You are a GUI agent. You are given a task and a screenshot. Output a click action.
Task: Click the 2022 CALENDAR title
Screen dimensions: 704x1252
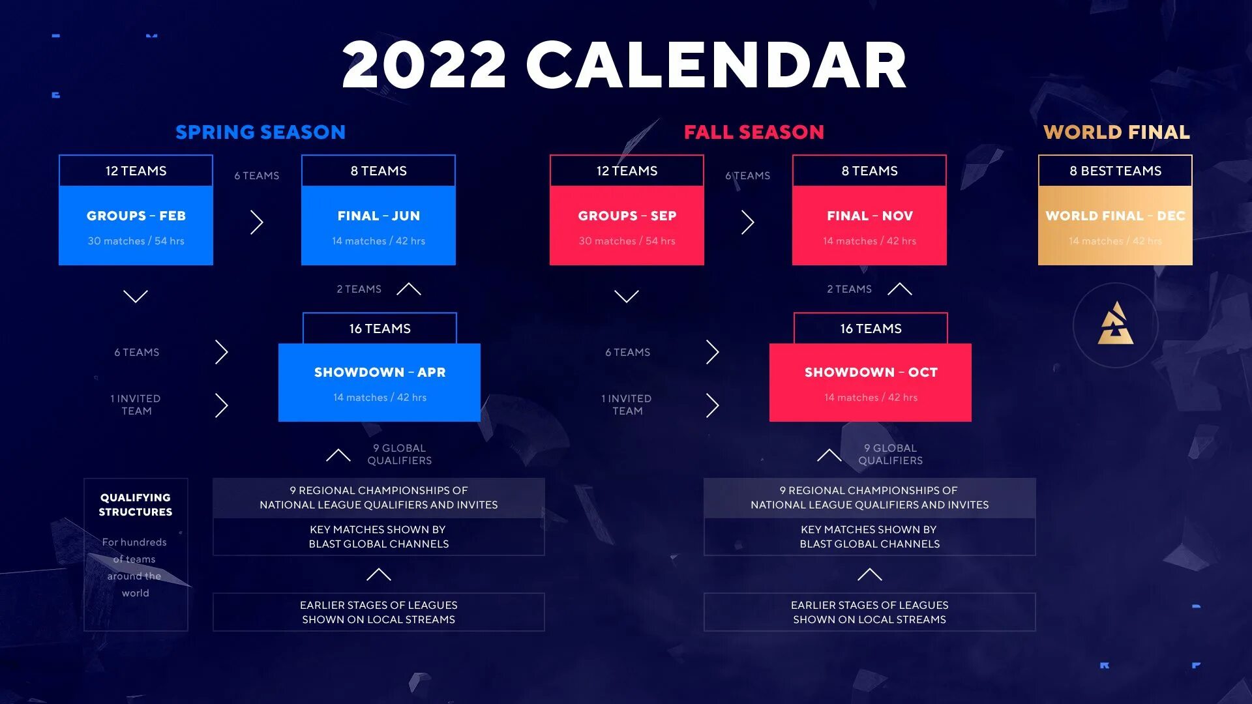(624, 65)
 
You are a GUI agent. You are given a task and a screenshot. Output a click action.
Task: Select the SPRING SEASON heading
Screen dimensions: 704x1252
(260, 132)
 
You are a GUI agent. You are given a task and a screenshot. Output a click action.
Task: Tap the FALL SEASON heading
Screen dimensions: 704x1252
(754, 132)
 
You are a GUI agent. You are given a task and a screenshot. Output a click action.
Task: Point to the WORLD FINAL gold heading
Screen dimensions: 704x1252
(1116, 132)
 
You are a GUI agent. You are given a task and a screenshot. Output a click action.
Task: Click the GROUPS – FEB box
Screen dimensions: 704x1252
(136, 225)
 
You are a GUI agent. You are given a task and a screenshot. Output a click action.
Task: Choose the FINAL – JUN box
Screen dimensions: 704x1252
(378, 225)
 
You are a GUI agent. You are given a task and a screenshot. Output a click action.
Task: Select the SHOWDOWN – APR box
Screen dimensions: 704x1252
(380, 382)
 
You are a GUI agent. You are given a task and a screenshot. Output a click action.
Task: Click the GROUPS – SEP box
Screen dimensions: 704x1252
(627, 225)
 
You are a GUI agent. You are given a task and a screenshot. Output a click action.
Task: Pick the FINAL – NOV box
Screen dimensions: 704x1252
(869, 225)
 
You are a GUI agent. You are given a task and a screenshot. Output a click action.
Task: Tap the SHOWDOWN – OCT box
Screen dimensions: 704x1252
(871, 382)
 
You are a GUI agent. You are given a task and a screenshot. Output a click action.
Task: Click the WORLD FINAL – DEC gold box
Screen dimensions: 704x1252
(1115, 225)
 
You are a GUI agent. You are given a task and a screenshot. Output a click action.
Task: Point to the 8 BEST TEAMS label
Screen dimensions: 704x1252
(1115, 171)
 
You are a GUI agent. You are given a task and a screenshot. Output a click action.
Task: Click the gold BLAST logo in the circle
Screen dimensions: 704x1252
(1115, 324)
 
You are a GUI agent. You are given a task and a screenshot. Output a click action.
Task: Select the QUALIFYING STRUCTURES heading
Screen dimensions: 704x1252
(136, 505)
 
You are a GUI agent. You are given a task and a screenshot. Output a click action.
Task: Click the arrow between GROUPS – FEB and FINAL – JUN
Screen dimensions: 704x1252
(257, 222)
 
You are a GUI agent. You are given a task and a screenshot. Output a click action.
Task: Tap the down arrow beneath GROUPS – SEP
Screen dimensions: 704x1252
(627, 297)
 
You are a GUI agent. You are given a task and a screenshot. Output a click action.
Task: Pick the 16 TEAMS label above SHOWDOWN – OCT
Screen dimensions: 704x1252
(871, 329)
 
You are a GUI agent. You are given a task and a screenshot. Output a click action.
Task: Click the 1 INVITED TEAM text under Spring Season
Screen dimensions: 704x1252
(136, 405)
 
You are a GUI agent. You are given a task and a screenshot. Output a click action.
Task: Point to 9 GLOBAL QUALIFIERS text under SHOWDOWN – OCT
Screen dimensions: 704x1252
(890, 454)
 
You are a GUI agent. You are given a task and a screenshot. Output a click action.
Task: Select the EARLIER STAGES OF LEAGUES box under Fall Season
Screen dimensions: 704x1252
(869, 612)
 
